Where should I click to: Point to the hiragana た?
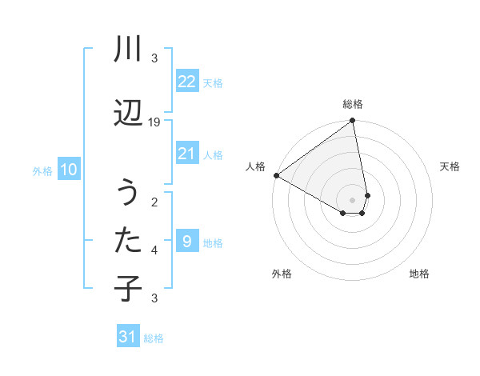pyautogui.click(x=128, y=239)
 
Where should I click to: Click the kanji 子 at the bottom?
pyautogui.click(x=128, y=287)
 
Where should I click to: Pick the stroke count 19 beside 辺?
pyautogui.click(x=155, y=122)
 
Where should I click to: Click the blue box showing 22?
pyautogui.click(x=186, y=82)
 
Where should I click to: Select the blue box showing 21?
pyautogui.click(x=186, y=154)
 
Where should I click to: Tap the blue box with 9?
pyautogui.click(x=186, y=242)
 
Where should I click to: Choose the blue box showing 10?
pyautogui.click(x=68, y=170)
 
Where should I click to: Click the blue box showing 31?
pyautogui.click(x=128, y=337)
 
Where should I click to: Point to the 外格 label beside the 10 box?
pyautogui.click(x=42, y=170)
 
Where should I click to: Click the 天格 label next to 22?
pyautogui.click(x=213, y=82)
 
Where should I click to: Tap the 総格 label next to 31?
pyautogui.click(x=154, y=338)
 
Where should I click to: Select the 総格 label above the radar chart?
pyautogui.click(x=353, y=104)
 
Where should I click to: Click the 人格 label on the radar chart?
pyautogui.click(x=256, y=166)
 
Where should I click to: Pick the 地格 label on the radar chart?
pyautogui.click(x=419, y=274)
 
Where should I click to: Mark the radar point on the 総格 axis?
pyautogui.click(x=353, y=122)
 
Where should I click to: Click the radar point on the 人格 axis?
pyautogui.click(x=276, y=175)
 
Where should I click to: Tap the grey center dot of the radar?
pyautogui.click(x=353, y=200)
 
